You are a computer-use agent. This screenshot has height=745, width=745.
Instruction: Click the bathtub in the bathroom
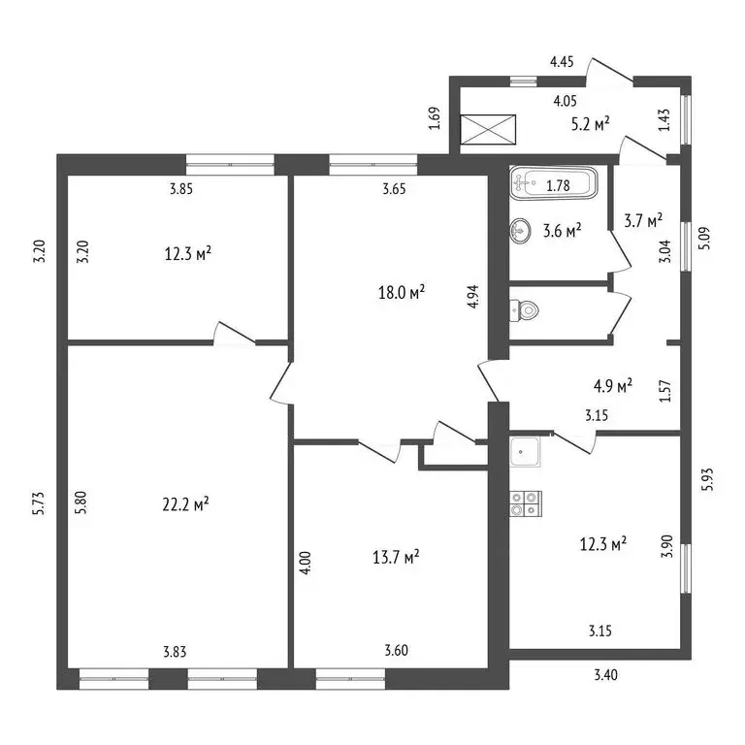click(x=554, y=183)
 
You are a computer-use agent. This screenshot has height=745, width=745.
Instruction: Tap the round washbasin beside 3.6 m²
click(x=520, y=232)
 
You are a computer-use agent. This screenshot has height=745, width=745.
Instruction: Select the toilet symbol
click(x=525, y=310)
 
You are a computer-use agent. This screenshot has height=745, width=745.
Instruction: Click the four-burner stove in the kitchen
click(x=526, y=504)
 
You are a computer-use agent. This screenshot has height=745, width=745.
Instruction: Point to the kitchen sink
click(x=525, y=452)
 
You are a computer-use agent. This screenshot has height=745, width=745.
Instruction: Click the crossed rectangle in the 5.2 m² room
click(x=489, y=129)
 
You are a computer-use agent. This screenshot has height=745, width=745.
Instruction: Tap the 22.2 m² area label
click(x=186, y=504)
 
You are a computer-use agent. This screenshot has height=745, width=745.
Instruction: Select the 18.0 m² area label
click(x=402, y=292)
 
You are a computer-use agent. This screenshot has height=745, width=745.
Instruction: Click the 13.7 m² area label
click(x=396, y=557)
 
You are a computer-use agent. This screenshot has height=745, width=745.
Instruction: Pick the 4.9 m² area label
click(x=613, y=385)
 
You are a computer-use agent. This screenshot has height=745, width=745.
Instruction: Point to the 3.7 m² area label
click(x=643, y=220)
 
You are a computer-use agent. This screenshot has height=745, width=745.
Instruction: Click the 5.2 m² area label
click(x=591, y=124)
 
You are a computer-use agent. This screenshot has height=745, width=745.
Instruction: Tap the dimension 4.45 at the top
click(x=562, y=61)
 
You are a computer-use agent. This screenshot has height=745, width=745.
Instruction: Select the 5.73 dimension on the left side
click(x=40, y=503)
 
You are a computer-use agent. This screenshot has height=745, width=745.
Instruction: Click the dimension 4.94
click(x=473, y=297)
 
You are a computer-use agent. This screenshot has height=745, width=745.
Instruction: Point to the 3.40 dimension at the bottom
click(x=606, y=675)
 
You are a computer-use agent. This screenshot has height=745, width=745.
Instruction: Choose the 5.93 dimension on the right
click(x=708, y=479)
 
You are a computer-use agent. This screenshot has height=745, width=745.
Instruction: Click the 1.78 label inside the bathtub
click(x=559, y=185)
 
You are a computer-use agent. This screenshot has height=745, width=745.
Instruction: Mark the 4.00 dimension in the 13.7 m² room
click(x=306, y=563)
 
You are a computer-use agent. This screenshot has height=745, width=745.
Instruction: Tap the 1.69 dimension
click(x=435, y=118)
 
